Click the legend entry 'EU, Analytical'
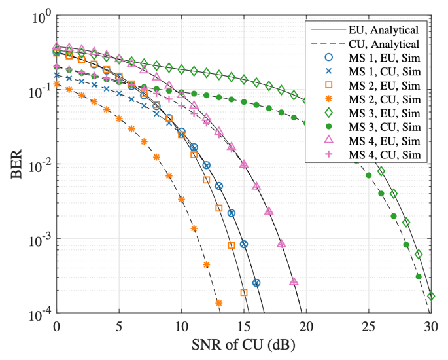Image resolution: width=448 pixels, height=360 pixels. [383, 29]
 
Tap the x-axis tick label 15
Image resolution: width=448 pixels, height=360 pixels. [244, 326]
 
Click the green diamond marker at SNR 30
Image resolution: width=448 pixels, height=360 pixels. [431, 297]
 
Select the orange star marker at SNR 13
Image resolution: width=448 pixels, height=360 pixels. [219, 303]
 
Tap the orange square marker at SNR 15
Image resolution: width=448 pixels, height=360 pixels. [244, 293]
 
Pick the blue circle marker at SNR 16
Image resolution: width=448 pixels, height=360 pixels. [256, 283]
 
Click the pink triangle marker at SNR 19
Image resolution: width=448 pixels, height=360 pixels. [294, 281]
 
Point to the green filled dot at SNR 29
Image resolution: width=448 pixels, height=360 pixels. [419, 276]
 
